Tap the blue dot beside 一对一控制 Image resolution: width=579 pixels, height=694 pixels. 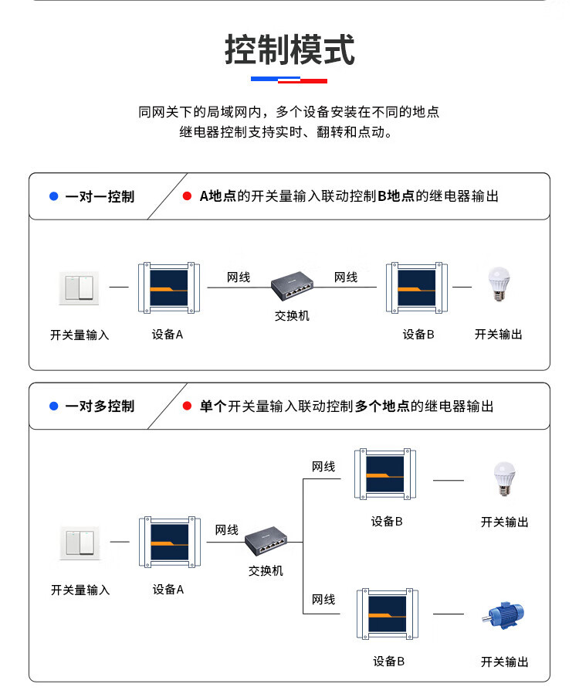[53, 196]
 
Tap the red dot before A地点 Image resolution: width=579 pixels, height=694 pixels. [187, 196]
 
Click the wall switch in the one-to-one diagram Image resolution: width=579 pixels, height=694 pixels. [80, 287]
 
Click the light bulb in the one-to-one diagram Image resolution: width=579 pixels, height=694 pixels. [498, 285]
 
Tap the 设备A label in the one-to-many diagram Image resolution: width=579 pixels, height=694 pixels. [168, 589]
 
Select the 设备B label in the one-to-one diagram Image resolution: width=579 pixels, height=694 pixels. [418, 334]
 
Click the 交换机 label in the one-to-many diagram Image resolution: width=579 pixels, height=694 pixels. [266, 570]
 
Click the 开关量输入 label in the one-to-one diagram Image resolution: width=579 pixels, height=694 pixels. [80, 335]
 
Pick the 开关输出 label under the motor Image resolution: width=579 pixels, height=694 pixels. [505, 662]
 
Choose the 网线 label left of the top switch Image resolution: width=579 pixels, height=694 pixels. [239, 277]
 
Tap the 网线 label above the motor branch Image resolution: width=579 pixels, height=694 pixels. [323, 599]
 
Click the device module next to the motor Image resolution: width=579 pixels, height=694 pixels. [387, 614]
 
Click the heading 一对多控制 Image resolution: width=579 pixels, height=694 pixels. [100, 406]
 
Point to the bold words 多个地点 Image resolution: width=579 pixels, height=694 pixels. [382, 406]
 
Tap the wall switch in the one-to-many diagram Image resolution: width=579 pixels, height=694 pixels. [80, 543]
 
